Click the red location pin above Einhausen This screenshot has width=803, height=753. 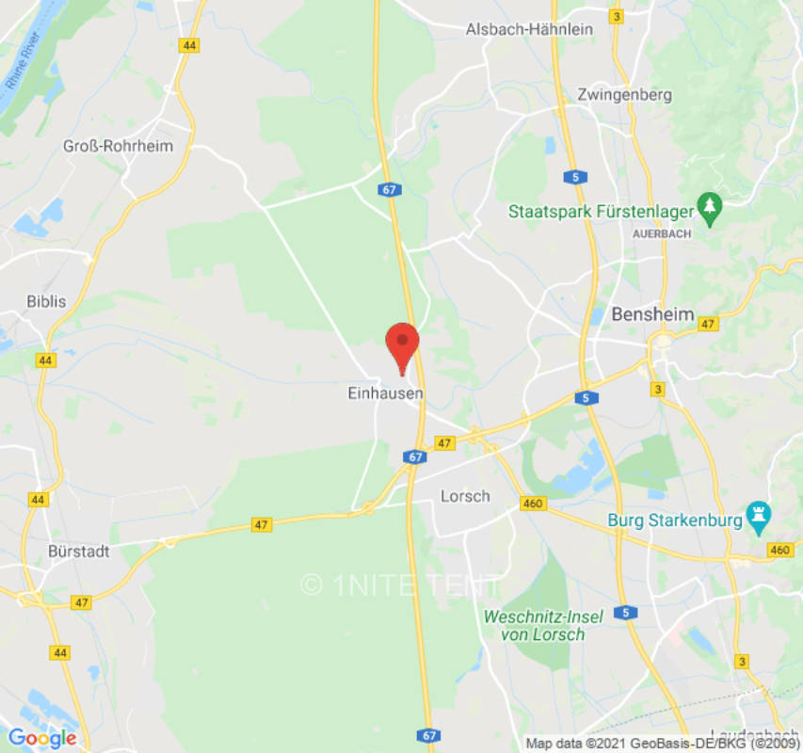(x=403, y=344)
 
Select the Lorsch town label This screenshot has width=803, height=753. (x=465, y=495)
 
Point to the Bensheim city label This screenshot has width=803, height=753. (x=652, y=314)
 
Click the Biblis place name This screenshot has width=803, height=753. (x=46, y=301)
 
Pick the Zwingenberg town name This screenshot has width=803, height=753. (x=625, y=94)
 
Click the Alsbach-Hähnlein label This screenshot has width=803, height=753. (x=529, y=29)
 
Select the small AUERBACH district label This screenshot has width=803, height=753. (x=662, y=232)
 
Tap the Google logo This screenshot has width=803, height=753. (x=42, y=738)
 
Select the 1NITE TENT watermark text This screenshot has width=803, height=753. (x=402, y=585)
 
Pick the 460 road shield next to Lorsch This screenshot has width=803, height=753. (x=533, y=504)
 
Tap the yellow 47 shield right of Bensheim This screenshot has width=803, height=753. (x=709, y=324)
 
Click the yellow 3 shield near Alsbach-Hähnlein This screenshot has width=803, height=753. (x=617, y=16)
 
